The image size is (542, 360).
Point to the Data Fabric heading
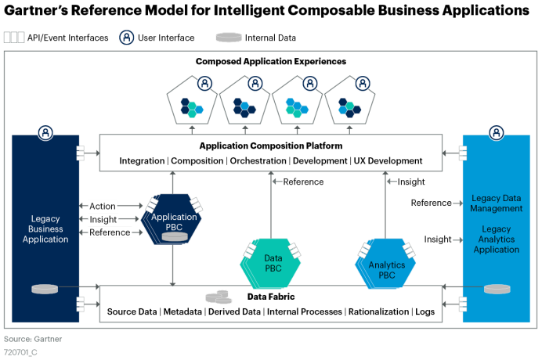pos(270,297)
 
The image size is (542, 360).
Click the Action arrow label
pos(103,206)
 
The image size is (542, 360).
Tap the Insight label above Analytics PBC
pos(410,182)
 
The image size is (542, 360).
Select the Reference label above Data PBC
pos(303,182)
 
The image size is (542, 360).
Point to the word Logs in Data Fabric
pos(425,311)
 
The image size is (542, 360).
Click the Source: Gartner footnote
pos(33,339)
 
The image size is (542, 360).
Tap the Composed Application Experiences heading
pos(270,61)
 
